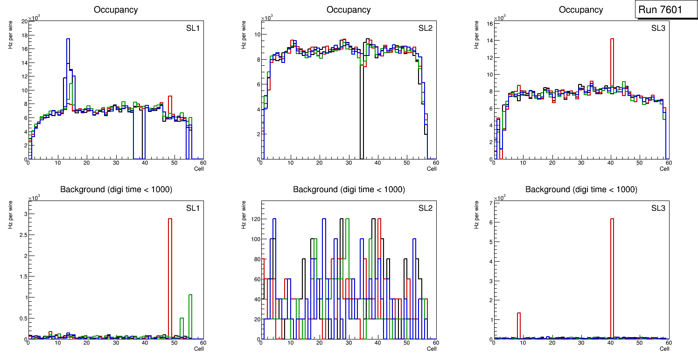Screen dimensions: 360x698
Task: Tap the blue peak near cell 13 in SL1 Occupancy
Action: [x=68, y=42]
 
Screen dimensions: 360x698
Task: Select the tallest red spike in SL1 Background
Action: [x=170, y=224]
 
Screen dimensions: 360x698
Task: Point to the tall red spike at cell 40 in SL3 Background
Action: [x=612, y=224]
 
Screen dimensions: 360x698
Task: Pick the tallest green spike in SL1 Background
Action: [x=190, y=298]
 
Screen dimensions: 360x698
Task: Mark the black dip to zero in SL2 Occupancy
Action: [x=362, y=117]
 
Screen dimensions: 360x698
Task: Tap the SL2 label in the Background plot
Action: [x=425, y=208]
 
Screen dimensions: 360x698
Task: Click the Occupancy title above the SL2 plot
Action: [x=349, y=10]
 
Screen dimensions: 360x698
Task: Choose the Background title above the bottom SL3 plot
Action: [x=581, y=189]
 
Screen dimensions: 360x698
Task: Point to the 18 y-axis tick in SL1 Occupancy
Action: [x=24, y=35]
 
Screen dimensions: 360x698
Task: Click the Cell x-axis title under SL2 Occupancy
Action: [x=432, y=169]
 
